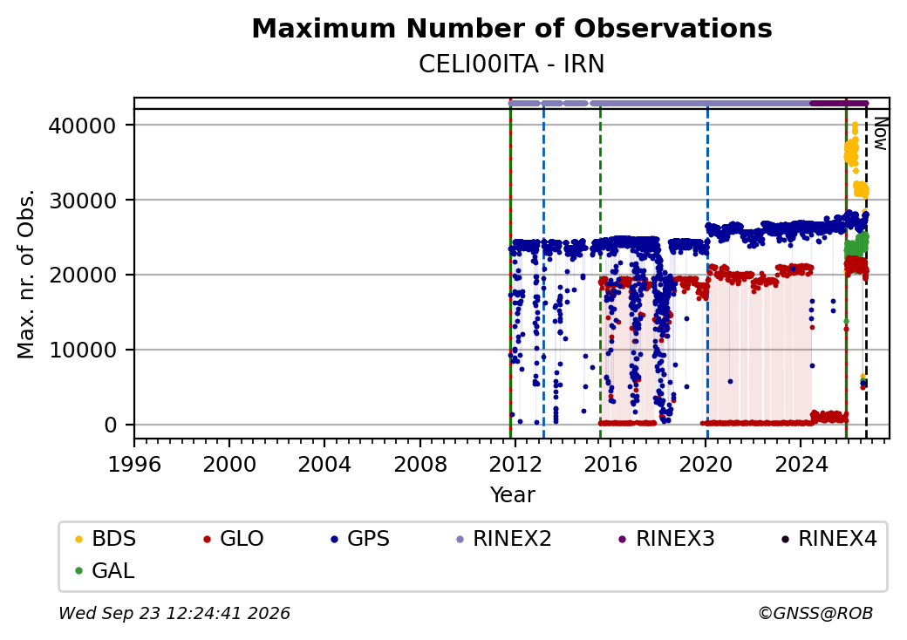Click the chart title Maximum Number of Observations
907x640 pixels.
coord(512,28)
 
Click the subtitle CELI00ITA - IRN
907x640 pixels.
coord(512,65)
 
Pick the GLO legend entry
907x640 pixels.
coord(234,539)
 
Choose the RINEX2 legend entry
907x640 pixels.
coord(504,539)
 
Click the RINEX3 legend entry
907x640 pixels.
coord(667,539)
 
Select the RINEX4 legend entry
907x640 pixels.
coord(829,539)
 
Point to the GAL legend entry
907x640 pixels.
coord(105,570)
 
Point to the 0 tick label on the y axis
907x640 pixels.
coord(111,425)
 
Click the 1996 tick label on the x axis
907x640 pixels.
coord(134,464)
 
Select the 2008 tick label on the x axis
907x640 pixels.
coord(420,464)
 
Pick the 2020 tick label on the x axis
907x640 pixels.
coord(706,464)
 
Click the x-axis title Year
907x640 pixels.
coord(513,495)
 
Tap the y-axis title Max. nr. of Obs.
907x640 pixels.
coord(26,274)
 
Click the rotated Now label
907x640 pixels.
coord(880,134)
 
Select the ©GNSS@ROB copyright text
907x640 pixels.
coord(815,613)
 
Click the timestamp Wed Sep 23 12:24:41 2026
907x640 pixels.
coord(174,613)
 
